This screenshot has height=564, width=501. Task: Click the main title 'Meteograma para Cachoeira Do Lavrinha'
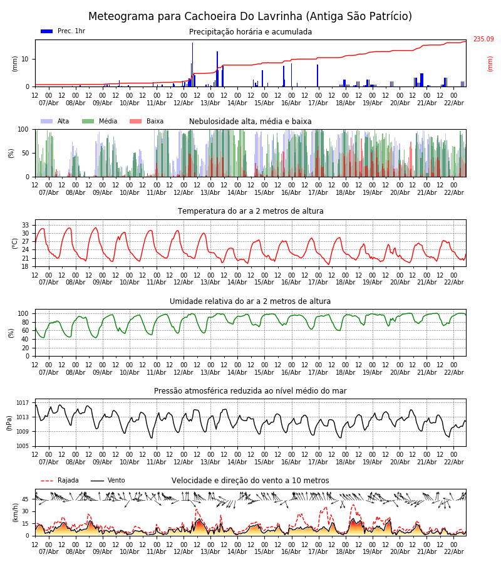click(250, 17)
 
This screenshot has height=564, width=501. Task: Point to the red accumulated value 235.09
click(483, 39)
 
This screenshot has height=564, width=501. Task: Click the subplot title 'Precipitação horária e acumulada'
click(250, 32)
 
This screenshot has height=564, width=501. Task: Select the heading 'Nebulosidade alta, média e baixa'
click(250, 122)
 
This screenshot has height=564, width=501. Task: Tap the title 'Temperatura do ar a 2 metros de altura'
click(250, 211)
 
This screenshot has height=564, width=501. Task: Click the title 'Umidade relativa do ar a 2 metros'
click(250, 301)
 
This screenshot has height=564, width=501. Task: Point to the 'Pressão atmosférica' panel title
click(250, 391)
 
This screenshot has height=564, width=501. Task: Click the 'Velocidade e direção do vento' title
click(250, 481)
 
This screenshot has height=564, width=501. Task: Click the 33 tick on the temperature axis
click(26, 225)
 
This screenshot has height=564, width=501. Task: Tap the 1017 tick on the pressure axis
click(23, 403)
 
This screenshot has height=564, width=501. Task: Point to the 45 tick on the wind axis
click(26, 499)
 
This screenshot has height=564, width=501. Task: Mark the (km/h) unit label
click(16, 513)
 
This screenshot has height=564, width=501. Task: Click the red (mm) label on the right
click(490, 63)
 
